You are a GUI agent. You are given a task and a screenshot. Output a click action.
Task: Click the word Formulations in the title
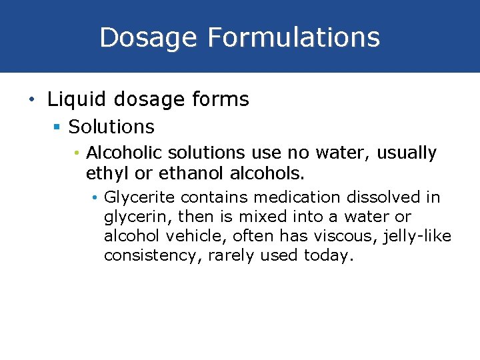293,37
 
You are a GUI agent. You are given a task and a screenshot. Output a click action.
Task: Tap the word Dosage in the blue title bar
148,37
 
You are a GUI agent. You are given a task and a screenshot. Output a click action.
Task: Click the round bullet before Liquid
31,101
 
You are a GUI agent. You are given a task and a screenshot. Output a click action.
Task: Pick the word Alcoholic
125,153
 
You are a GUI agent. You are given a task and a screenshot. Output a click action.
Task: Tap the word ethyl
105,174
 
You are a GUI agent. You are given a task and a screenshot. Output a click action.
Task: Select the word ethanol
175,174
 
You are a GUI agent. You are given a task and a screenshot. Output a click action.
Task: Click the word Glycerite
139,197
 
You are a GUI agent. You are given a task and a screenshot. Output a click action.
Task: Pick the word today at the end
327,256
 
